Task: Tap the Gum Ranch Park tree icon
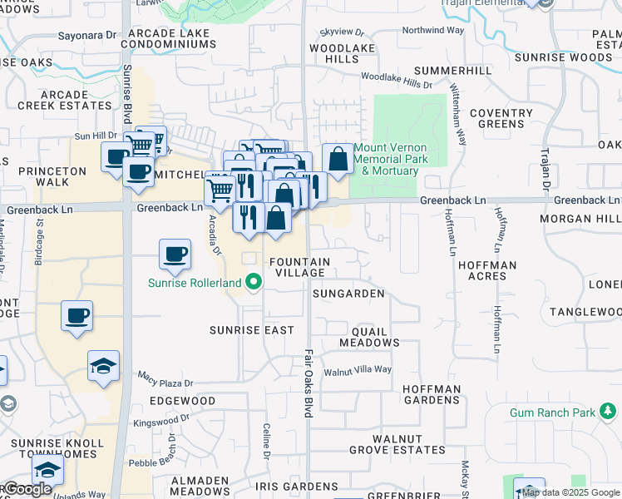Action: [608, 412]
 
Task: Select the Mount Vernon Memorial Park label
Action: [391, 159]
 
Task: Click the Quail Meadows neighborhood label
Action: [370, 337]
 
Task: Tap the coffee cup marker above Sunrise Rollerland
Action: [175, 254]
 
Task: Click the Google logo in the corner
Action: [27, 489]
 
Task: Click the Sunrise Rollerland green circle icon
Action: [252, 282]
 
